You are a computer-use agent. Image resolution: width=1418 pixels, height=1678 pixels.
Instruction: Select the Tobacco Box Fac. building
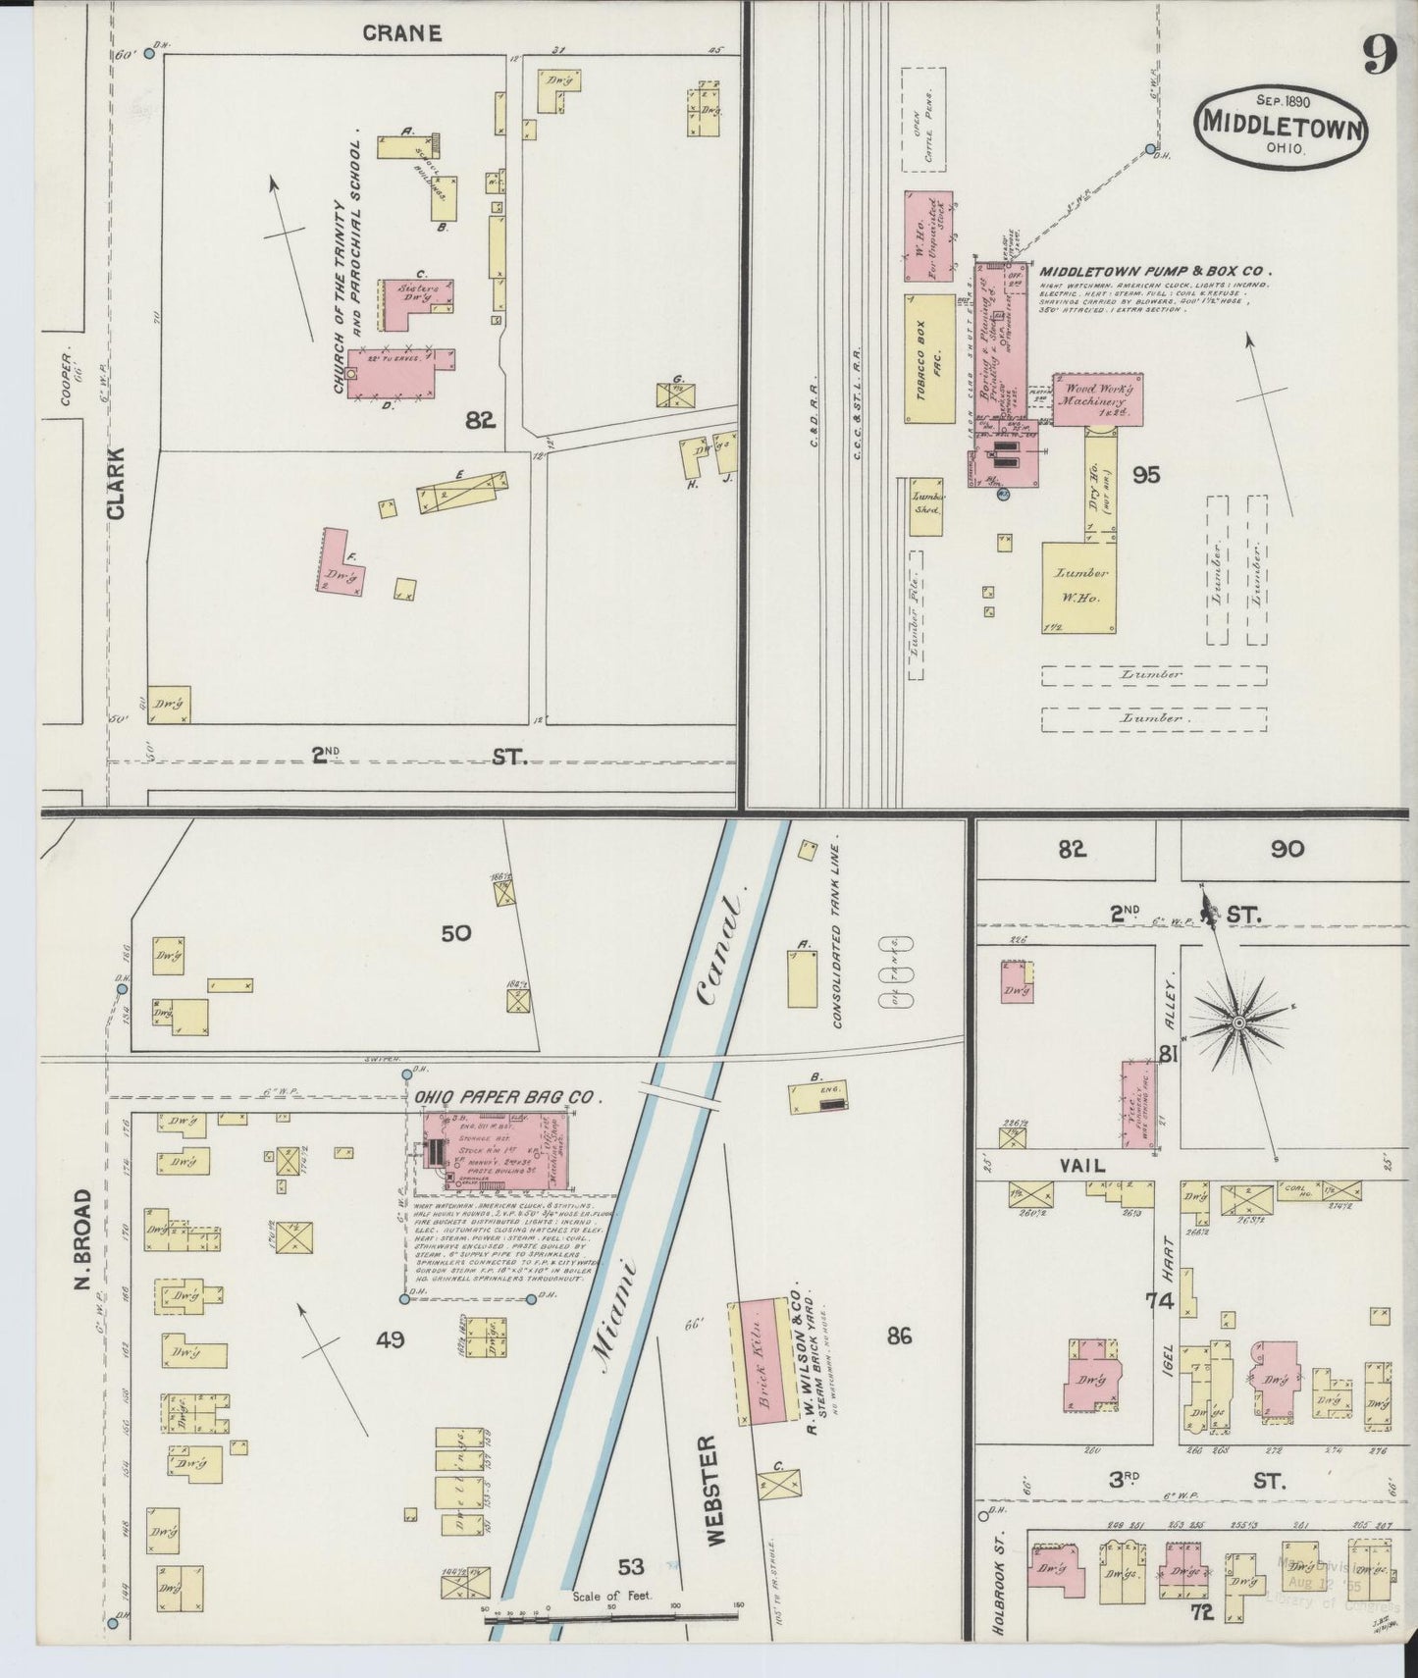[929, 358]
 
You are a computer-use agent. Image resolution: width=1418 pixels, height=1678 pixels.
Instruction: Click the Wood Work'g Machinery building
[1098, 399]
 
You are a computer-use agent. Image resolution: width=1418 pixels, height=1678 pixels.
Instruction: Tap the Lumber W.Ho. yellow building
[1080, 587]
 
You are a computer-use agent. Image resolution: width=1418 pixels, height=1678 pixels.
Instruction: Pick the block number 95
[1145, 475]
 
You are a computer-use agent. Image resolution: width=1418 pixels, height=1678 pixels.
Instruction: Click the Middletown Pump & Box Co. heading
[1155, 271]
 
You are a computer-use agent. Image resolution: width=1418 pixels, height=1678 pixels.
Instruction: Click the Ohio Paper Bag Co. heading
[507, 1097]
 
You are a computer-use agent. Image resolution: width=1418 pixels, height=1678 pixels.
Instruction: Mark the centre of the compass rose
[1239, 1023]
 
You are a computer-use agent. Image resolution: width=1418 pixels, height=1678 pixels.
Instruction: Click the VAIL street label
[1081, 1166]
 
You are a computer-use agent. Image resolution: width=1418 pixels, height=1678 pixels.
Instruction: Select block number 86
[898, 1336]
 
